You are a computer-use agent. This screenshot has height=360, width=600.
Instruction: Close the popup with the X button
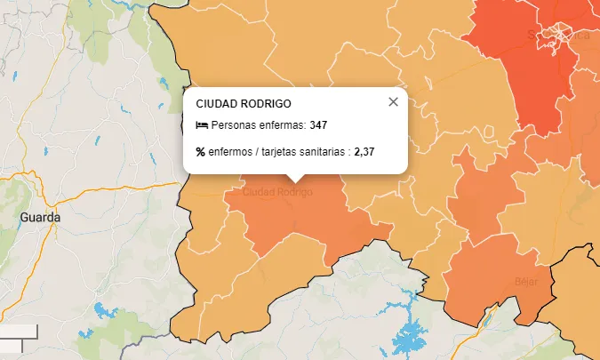click(x=394, y=102)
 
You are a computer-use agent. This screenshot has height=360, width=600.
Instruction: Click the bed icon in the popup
click(x=202, y=125)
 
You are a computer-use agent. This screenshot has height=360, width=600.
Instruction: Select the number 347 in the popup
click(x=318, y=125)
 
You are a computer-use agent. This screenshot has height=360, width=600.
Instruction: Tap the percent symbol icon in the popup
click(x=201, y=152)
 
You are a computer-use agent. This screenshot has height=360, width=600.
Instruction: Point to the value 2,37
click(x=364, y=152)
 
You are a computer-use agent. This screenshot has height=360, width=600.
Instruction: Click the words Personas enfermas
click(x=259, y=125)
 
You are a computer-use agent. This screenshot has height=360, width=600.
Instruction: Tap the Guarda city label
click(x=42, y=217)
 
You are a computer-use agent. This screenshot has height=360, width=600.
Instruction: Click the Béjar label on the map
click(x=526, y=281)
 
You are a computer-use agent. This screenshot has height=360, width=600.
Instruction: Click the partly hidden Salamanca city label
click(x=558, y=36)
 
